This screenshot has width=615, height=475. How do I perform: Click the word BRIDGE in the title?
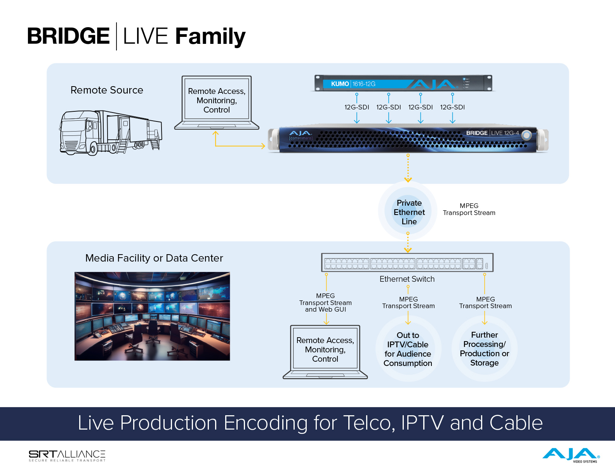click(68, 36)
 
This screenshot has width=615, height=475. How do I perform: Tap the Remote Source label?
click(107, 90)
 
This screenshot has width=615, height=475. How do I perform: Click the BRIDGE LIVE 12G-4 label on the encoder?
click(492, 133)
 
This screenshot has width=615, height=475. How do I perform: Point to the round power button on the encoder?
click(526, 135)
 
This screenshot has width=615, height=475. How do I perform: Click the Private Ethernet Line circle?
click(409, 212)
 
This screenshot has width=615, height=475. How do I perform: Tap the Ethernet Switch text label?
click(407, 279)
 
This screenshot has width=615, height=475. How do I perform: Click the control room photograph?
click(152, 316)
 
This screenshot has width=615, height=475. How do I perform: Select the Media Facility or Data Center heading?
click(154, 258)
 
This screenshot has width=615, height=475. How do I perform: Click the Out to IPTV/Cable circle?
click(408, 349)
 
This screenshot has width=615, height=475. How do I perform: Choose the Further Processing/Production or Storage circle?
click(484, 348)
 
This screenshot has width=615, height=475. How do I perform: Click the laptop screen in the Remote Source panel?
click(217, 100)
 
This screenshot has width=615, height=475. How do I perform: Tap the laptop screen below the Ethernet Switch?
click(325, 349)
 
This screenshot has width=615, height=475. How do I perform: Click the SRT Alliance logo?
click(67, 456)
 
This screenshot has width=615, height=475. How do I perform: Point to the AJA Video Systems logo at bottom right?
click(571, 455)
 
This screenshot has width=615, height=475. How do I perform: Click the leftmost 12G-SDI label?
click(356, 107)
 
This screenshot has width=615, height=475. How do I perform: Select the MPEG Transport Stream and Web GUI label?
click(325, 303)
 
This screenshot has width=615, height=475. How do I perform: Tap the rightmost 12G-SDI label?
click(452, 107)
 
